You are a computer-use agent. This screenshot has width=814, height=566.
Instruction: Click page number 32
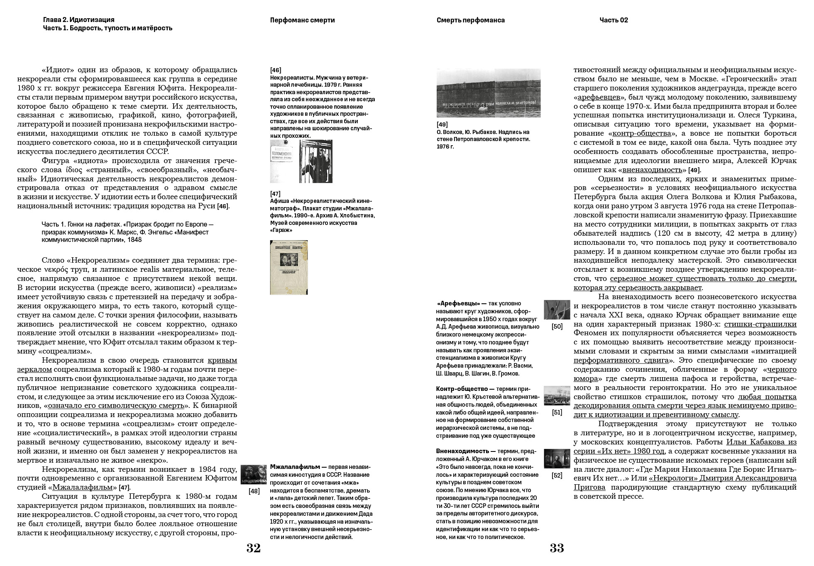click(253, 548)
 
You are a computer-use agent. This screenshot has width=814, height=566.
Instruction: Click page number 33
click(557, 548)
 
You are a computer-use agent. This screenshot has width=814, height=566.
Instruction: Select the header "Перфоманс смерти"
click(302, 20)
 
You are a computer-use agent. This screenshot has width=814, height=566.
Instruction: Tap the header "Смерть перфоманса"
click(470, 20)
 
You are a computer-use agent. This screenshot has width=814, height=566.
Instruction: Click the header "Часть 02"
click(614, 20)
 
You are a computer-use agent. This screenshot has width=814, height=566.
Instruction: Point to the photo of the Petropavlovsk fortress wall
click(488, 93)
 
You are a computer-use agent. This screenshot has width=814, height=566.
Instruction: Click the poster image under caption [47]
click(288, 267)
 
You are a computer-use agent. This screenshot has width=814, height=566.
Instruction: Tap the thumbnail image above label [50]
click(557, 310)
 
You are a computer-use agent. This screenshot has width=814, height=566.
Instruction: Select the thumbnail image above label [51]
click(557, 395)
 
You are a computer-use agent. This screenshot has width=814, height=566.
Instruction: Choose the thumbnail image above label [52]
click(557, 459)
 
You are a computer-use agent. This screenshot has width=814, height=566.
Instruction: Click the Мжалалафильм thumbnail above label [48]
click(254, 474)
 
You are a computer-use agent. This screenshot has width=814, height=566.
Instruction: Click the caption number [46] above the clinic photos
click(276, 70)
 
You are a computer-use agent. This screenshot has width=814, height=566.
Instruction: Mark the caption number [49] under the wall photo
click(442, 124)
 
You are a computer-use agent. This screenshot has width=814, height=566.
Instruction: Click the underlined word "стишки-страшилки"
click(760, 324)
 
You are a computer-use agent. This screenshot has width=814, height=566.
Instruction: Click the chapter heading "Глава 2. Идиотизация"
click(78, 20)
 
